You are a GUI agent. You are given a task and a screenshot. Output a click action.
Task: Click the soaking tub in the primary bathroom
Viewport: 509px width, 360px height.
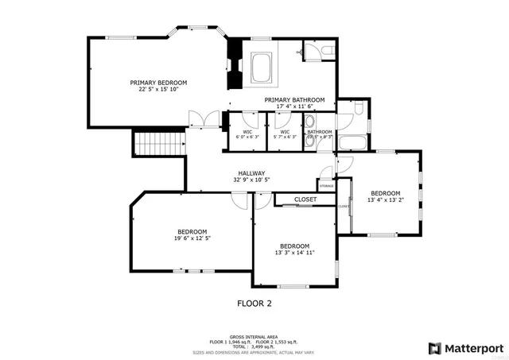(x=262, y=67)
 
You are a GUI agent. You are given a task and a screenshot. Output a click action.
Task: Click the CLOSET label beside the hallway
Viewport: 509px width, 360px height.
(x=305, y=199)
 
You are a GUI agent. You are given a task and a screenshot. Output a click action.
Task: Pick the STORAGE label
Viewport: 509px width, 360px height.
(x=327, y=185)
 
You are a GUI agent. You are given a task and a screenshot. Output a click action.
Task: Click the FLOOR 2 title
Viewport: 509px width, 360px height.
(x=254, y=303)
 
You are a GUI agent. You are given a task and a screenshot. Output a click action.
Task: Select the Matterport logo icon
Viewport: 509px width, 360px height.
(x=433, y=348)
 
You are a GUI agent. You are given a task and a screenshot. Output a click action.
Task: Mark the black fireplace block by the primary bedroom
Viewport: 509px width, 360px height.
(x=235, y=64)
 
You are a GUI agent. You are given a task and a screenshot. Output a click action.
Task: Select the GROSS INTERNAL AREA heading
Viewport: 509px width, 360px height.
(x=254, y=336)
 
